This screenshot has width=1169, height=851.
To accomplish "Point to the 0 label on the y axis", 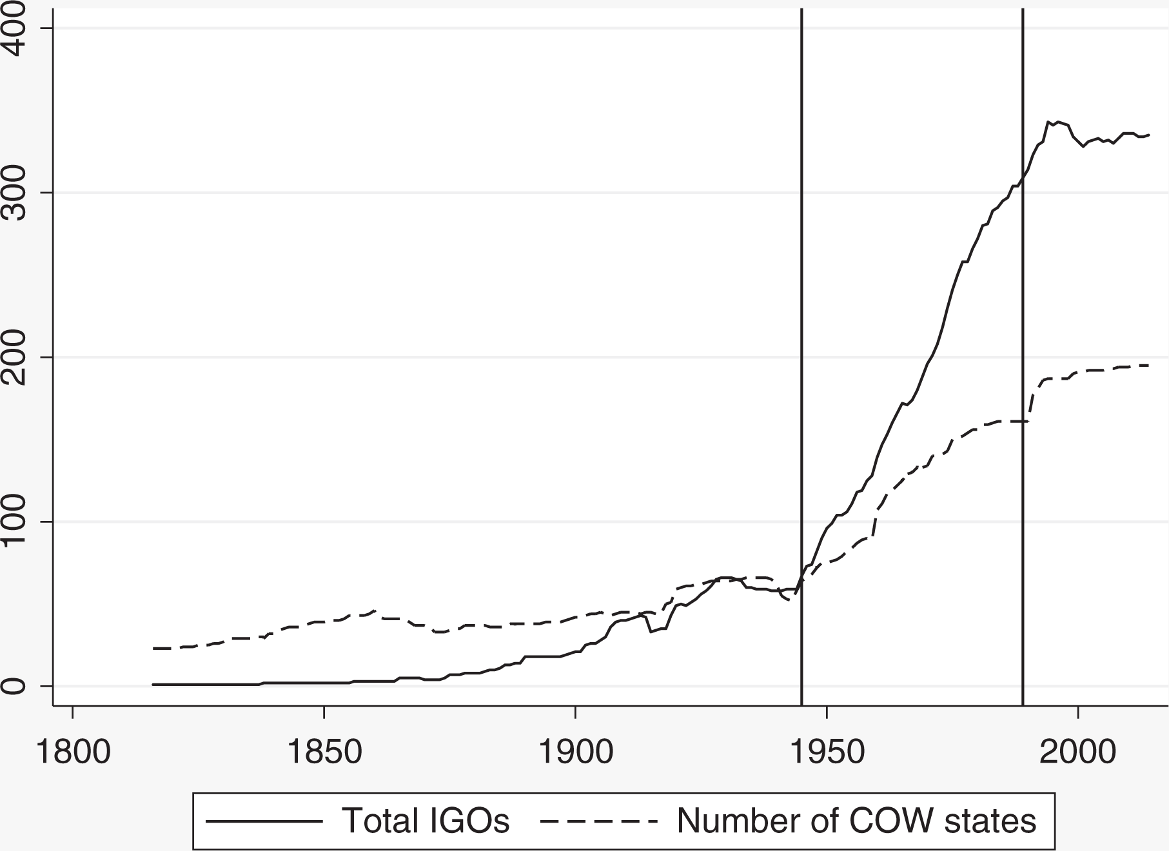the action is click(x=17, y=685).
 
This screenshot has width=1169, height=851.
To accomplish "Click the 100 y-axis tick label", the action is click(x=17, y=521).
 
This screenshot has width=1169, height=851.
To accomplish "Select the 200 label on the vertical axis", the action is click(x=17, y=357).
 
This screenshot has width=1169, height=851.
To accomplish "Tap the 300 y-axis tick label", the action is click(x=17, y=192).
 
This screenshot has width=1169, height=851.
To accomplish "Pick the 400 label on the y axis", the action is click(x=17, y=28).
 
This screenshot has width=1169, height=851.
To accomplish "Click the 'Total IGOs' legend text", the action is click(x=426, y=821).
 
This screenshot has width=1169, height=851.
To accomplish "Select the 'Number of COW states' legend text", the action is click(x=856, y=821).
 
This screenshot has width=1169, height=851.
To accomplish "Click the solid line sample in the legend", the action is click(x=264, y=821).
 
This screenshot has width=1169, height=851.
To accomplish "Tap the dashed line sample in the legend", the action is click(x=599, y=821).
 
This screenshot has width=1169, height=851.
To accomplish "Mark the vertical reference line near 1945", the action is click(x=801, y=357).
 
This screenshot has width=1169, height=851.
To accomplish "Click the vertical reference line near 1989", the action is click(x=1023, y=357).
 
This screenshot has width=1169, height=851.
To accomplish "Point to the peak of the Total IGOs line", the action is click(x=1048, y=121).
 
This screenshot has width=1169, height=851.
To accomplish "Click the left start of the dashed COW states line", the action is click(x=153, y=648).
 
